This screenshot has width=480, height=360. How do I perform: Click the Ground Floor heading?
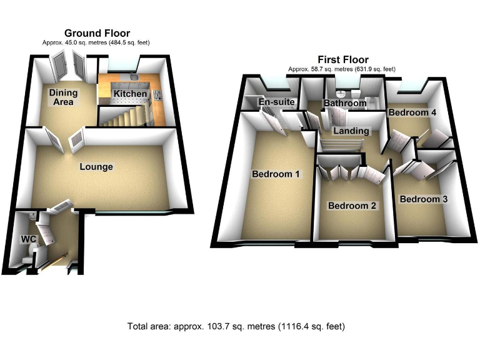(97, 33)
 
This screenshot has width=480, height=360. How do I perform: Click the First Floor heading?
(342, 60)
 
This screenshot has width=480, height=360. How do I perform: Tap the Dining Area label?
(64, 97)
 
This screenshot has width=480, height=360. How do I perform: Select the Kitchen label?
(130, 94)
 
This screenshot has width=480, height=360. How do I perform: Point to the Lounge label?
(96, 167)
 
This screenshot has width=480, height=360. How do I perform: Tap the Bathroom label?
(344, 103)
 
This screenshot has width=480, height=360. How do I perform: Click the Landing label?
(351, 131)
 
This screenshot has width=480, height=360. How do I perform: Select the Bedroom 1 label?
(276, 174)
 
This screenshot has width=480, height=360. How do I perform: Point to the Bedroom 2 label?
(352, 206)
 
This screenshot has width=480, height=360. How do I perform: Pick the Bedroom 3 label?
(423, 199)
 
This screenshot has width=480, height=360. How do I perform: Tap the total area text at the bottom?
(236, 326)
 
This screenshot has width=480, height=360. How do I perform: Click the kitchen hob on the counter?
(156, 96)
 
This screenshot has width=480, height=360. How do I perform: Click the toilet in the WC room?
(27, 257)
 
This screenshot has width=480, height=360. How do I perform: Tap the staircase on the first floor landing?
(341, 144)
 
